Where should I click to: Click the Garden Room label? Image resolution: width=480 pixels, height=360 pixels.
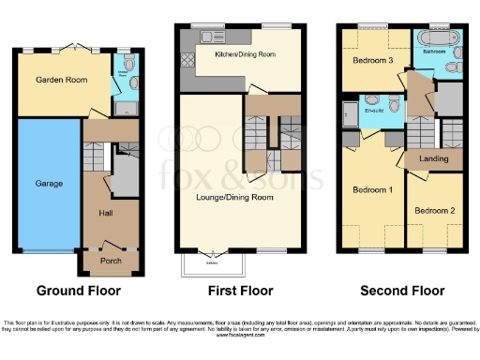pyautogui.click(x=62, y=81)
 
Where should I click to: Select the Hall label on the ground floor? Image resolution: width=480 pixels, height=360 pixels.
pyautogui.click(x=106, y=213)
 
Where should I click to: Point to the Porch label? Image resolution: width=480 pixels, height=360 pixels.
pyautogui.click(x=111, y=260)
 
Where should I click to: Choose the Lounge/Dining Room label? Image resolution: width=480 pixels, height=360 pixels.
pyautogui.click(x=241, y=197)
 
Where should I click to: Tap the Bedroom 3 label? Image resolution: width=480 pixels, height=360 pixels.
pyautogui.click(x=371, y=61)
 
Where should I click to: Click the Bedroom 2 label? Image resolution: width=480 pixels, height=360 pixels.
pyautogui.click(x=435, y=210)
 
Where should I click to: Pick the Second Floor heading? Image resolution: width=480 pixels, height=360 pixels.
pyautogui.click(x=401, y=291)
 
